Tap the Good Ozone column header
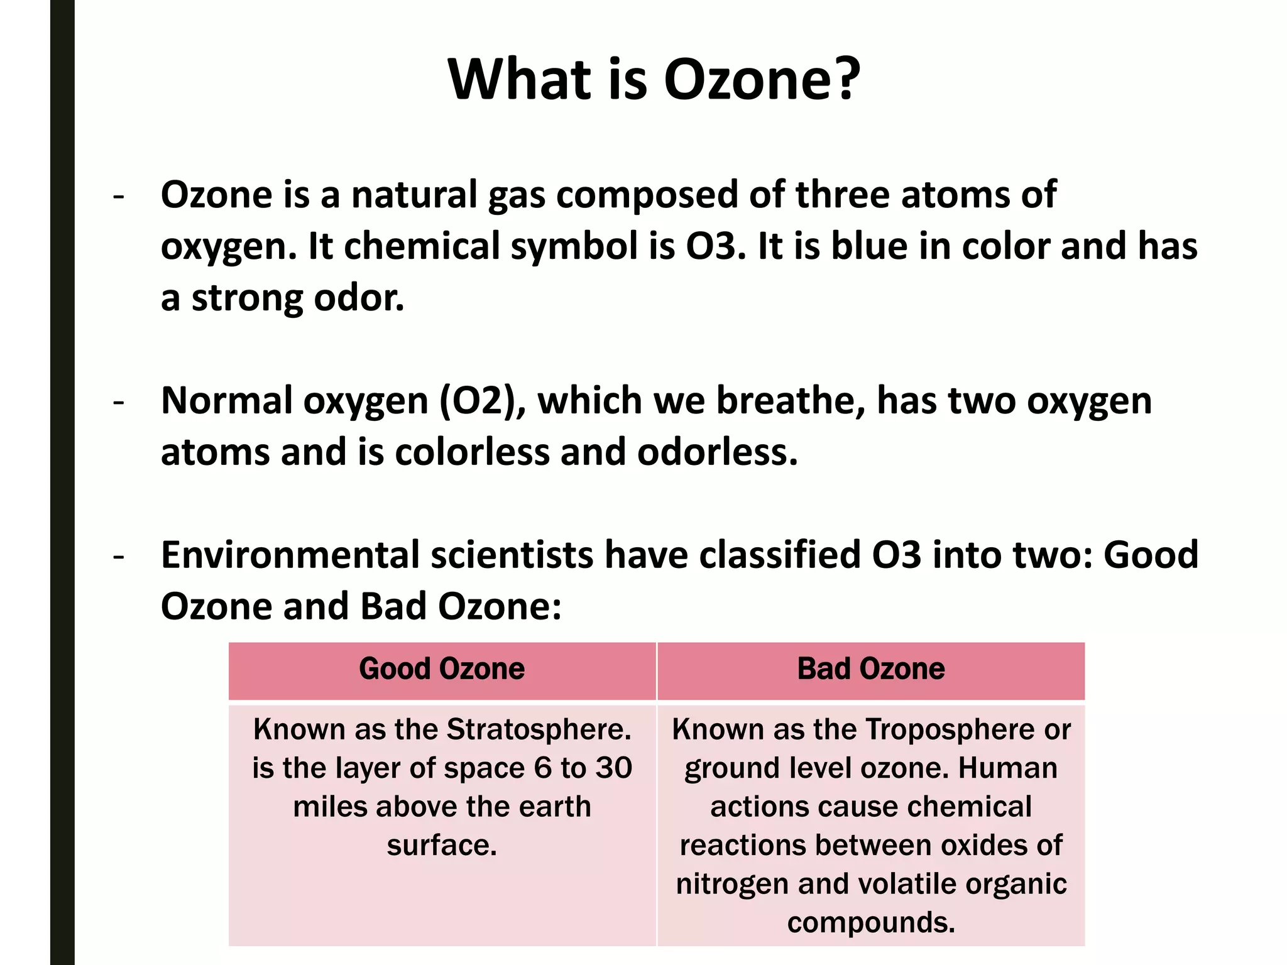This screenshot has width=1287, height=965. click(442, 668)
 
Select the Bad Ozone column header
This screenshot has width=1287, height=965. click(871, 668)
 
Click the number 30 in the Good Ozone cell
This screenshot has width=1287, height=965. click(614, 768)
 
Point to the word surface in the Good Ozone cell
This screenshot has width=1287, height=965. click(442, 846)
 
